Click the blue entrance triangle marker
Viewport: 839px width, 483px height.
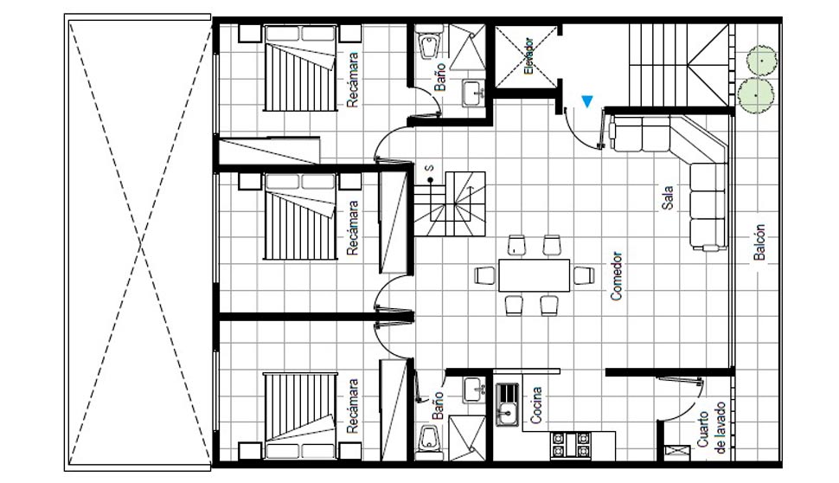(x=587, y=101)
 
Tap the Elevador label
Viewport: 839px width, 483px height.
(x=528, y=56)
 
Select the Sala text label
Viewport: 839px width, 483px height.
(x=667, y=197)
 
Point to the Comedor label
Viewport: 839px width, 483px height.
(x=617, y=276)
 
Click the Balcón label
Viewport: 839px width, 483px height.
(x=759, y=242)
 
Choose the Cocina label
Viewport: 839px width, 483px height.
(x=535, y=405)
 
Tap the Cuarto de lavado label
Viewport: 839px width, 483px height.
(x=711, y=428)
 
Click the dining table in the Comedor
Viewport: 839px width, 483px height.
(x=534, y=275)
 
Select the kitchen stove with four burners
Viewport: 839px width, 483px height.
(x=571, y=444)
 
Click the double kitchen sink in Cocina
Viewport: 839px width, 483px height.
(x=507, y=404)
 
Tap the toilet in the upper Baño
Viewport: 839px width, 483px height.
(x=429, y=44)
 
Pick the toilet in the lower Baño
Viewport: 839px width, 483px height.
(x=429, y=441)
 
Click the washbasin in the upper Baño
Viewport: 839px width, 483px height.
(x=473, y=93)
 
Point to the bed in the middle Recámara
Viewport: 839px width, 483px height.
(x=301, y=216)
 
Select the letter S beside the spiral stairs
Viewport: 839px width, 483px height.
(x=430, y=168)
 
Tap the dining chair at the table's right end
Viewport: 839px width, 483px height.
(x=585, y=275)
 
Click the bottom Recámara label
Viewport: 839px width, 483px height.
(x=352, y=406)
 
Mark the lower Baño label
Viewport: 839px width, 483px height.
(x=439, y=405)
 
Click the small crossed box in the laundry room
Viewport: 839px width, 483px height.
(x=677, y=451)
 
